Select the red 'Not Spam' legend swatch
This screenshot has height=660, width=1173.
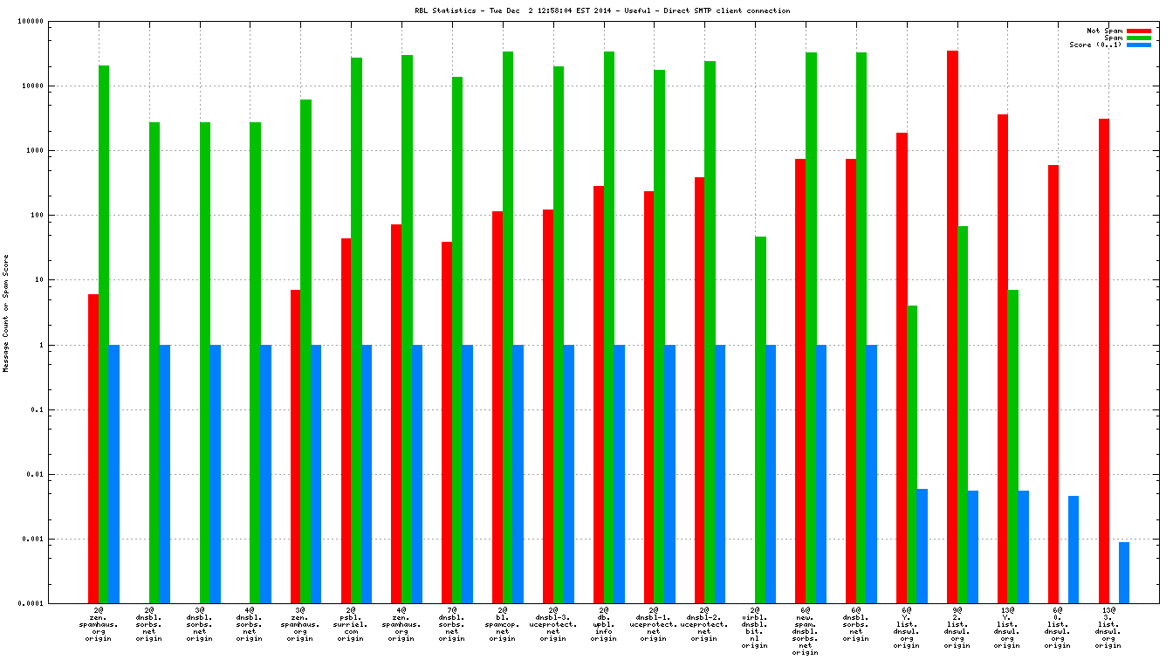1139,31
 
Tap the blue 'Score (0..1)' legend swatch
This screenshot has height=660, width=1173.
1139,45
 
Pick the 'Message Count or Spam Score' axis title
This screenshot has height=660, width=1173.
6,313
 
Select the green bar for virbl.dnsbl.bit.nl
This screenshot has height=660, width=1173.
760,419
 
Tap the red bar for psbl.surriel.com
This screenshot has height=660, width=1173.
346,420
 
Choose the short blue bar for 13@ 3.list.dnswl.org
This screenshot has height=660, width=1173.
1124,573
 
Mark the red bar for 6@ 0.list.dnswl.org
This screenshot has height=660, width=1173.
1053,384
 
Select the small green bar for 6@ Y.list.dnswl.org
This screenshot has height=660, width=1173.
912,454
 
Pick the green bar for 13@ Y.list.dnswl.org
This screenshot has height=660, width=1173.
1012,446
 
